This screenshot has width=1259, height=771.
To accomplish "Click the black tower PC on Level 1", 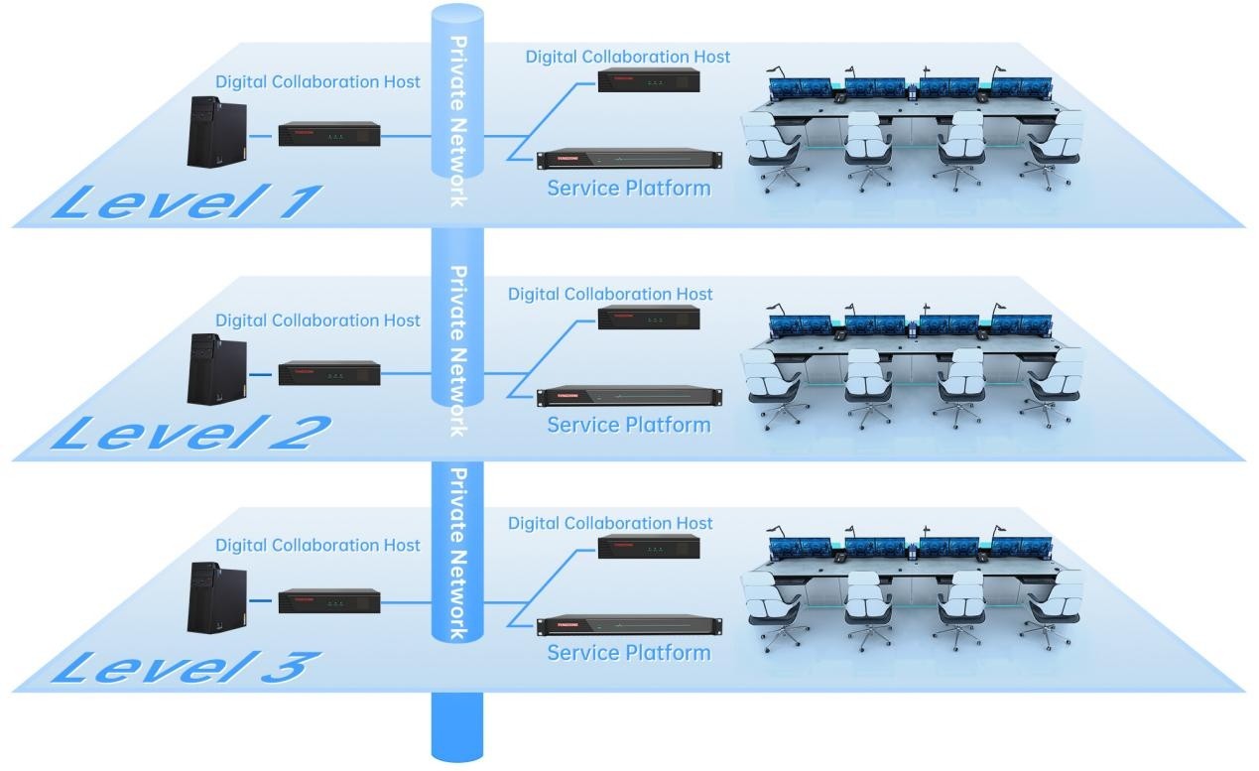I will coord(215,131).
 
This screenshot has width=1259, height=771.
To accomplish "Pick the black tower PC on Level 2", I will coord(215,367).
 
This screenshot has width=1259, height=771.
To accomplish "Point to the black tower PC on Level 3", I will coord(215,596).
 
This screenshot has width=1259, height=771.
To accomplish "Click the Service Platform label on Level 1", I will coord(629,187).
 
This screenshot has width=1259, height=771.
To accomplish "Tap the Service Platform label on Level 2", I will coord(629,425).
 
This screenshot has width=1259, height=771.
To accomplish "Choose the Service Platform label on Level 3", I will coord(629,652).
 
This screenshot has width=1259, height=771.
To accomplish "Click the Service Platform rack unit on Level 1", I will coord(629,159).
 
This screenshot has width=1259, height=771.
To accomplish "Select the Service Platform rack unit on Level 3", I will coord(629,626).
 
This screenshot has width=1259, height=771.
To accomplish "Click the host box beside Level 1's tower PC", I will coord(329,134).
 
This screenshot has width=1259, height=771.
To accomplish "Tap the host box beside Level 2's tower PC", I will coord(329,374).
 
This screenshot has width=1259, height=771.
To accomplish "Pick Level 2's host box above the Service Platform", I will coord(649,318).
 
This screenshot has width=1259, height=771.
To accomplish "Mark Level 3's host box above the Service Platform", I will coord(649,547).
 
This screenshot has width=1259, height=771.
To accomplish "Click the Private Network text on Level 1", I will coord(457,121).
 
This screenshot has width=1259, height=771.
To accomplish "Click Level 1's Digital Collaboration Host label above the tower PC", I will coord(317,81).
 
